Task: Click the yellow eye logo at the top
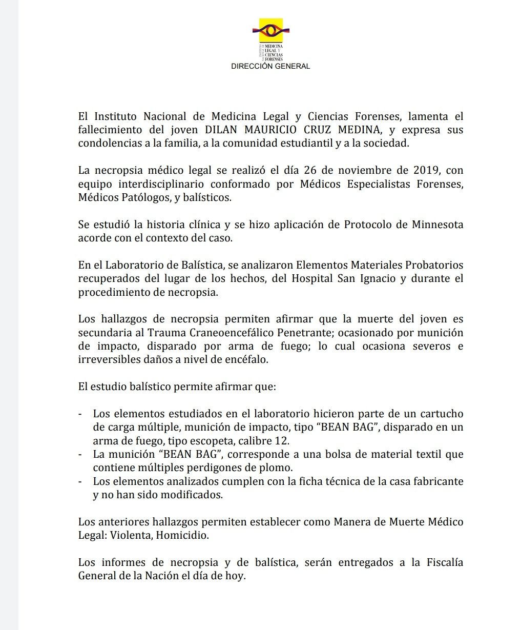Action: click(x=270, y=30)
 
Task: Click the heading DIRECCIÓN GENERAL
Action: click(x=270, y=66)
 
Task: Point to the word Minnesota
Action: click(x=437, y=225)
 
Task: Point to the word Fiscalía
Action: click(x=445, y=562)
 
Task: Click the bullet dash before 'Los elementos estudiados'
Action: click(x=80, y=414)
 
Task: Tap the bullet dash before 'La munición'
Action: click(x=80, y=454)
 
